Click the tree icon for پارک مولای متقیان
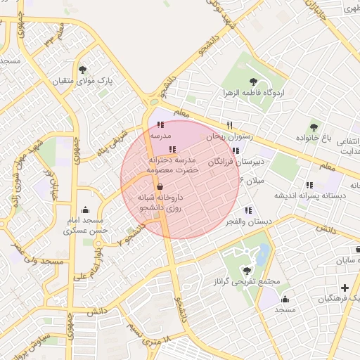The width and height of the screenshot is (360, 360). click(x=83, y=70)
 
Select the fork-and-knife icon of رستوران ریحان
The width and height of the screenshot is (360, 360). click(x=230, y=125)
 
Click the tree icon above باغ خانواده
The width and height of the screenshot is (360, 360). click(x=314, y=127)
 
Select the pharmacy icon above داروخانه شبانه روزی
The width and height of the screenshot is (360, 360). click(x=160, y=187)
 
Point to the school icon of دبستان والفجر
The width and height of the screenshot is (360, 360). click(x=247, y=210)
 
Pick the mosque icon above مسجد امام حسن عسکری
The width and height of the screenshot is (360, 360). click(x=86, y=209)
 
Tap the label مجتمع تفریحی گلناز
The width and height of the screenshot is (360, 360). click(x=247, y=282)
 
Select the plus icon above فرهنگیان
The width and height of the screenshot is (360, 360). click(x=345, y=288)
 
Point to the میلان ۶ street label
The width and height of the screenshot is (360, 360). click(x=231, y=181)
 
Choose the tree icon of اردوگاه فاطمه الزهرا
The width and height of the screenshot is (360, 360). click(x=252, y=82)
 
